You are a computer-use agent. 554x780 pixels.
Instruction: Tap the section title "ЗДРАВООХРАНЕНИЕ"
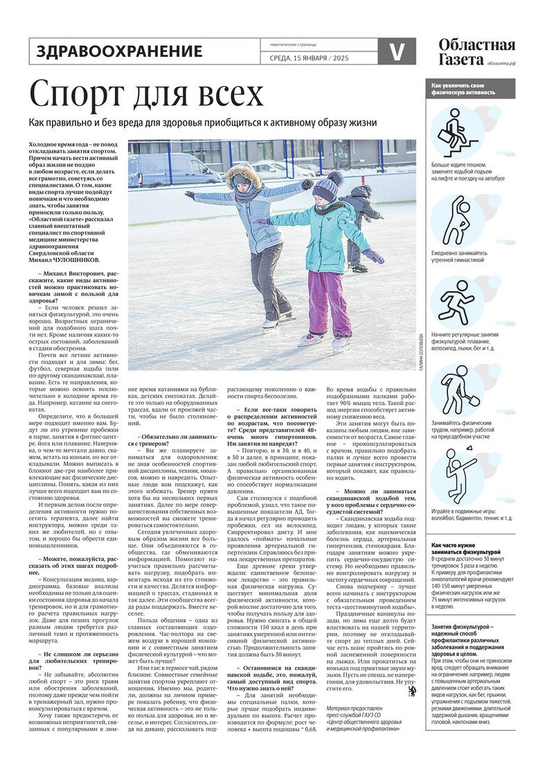[119, 51]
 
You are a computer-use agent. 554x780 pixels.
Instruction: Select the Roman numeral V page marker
[397, 51]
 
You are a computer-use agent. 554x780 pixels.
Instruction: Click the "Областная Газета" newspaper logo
[476, 51]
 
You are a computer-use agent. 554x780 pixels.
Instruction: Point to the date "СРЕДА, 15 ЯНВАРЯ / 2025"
[309, 58]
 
